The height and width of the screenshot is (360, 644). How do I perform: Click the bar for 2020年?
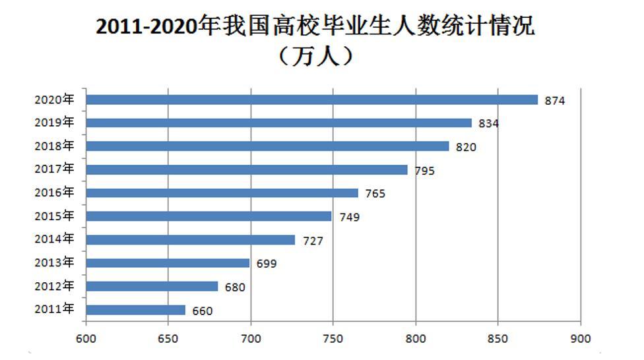[x=312, y=100]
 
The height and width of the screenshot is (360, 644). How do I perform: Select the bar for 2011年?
[x=136, y=310]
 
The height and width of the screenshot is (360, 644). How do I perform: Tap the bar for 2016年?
[x=222, y=193]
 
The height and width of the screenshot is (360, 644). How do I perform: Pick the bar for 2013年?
[x=168, y=263]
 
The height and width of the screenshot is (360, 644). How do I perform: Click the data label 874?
[x=555, y=101]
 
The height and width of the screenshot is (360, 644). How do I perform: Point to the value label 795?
[x=424, y=171]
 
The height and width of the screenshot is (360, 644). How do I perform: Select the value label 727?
[x=313, y=241]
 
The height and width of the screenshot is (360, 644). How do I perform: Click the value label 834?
[x=489, y=124]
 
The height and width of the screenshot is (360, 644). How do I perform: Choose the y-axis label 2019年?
[x=54, y=123]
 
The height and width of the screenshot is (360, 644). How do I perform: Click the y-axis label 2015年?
[x=54, y=216]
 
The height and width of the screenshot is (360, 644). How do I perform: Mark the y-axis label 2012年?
[x=54, y=286]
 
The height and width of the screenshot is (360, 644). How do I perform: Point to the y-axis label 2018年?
[x=54, y=146]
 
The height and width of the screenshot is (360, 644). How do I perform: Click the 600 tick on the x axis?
[x=86, y=338]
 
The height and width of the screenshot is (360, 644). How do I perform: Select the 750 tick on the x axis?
[x=333, y=338]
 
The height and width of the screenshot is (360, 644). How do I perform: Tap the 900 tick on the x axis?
[x=581, y=338]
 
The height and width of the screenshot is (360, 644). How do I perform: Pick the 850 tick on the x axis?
[x=498, y=338]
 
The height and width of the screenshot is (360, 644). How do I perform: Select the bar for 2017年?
[x=247, y=169]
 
